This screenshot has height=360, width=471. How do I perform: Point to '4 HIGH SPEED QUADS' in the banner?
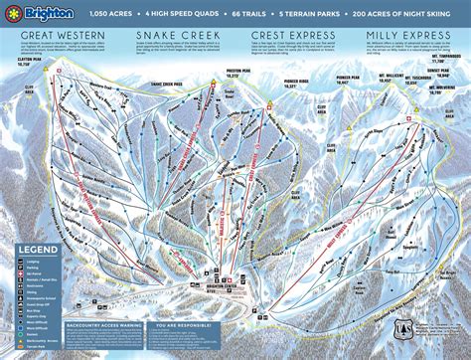(183, 14)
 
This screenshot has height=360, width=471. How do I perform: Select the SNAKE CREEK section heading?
(164, 35)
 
